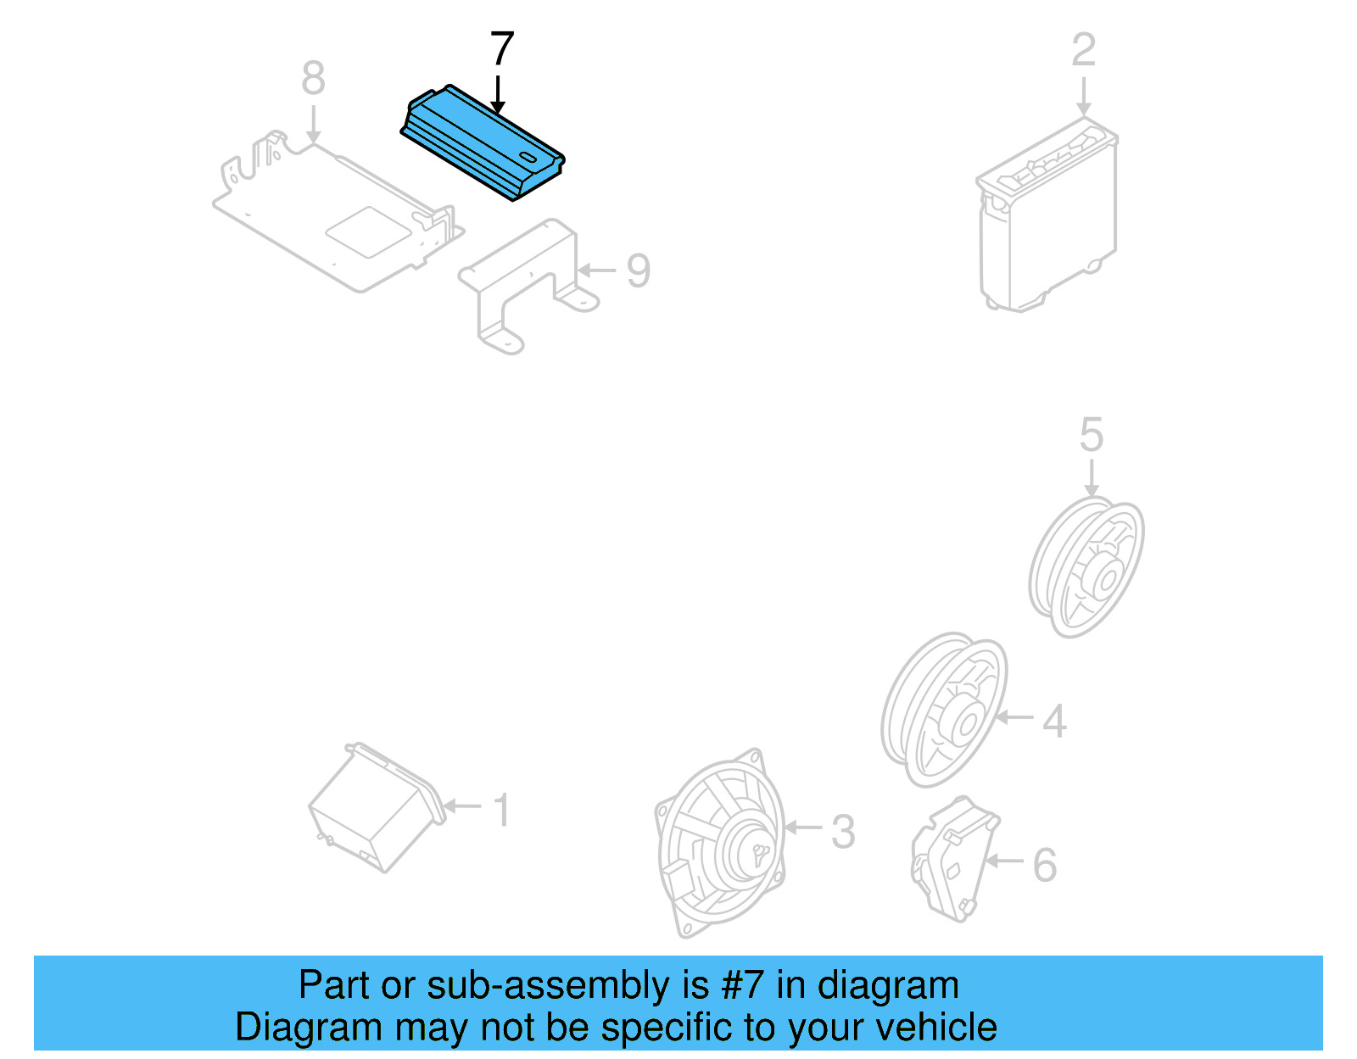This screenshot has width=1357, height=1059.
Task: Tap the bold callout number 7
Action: tap(502, 49)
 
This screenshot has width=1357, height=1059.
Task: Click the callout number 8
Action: tap(313, 79)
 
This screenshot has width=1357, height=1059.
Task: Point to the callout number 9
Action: tap(638, 270)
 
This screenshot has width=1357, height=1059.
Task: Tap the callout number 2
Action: tap(1083, 50)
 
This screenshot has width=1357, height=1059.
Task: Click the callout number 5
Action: tap(1091, 435)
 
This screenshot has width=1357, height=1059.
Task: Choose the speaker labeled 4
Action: tap(944, 710)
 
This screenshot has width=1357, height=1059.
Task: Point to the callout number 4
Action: tap(1054, 721)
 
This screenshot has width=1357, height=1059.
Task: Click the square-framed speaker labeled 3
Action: tap(721, 844)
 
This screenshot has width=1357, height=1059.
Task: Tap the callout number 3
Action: tap(842, 832)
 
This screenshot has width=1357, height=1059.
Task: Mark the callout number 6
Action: tap(1045, 866)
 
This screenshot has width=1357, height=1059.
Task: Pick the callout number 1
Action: tap(502, 810)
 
